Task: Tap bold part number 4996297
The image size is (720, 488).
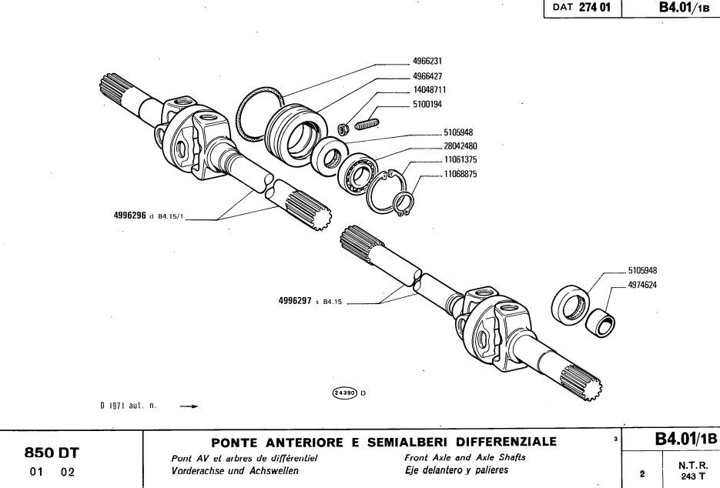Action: pos(295,302)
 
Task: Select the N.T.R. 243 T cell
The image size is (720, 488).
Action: pos(690,470)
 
